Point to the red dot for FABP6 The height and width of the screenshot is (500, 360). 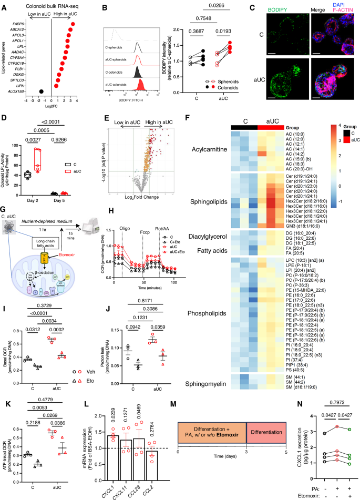click(72, 25)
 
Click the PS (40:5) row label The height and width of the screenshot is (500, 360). click(293, 343)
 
